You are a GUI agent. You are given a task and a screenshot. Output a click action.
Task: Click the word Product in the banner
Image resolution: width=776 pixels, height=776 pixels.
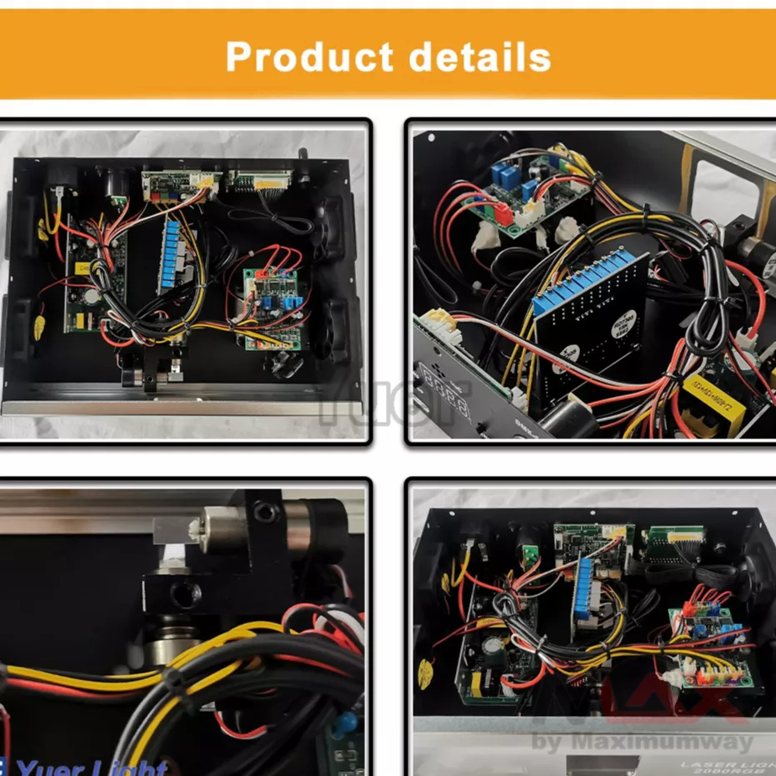[308, 57]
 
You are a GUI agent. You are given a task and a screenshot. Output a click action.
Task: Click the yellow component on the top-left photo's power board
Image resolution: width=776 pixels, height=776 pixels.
[83, 268]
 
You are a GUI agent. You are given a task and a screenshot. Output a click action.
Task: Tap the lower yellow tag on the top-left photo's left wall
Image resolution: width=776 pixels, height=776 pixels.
[37, 328]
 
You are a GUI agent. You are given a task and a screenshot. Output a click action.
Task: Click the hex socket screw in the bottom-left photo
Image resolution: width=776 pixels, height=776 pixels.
[266, 508]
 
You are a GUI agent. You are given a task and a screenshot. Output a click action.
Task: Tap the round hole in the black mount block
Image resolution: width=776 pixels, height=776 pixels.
[184, 593]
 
